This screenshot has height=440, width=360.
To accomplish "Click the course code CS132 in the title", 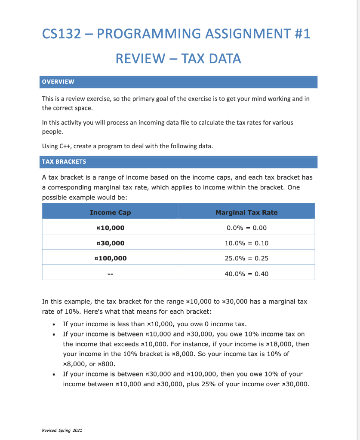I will click(x=62, y=34).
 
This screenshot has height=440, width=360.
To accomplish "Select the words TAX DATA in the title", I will click(x=211, y=58).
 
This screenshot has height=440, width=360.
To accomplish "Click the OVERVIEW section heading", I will click(x=58, y=82).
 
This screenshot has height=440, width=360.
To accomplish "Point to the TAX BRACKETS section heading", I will click(x=64, y=162).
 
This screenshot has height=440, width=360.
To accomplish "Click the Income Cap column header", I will click(x=110, y=212).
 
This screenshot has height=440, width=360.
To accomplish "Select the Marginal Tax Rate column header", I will click(x=246, y=212).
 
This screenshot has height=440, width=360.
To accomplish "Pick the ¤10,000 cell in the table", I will click(x=110, y=228).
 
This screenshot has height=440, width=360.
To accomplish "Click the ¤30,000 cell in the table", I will click(x=110, y=243).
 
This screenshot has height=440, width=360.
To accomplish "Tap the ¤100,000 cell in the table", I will click(x=110, y=258).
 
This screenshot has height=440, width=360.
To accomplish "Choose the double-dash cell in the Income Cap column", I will click(x=110, y=274).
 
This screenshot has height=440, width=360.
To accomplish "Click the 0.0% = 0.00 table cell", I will click(x=246, y=228).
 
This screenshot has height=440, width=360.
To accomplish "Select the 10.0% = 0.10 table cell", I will click(x=246, y=243).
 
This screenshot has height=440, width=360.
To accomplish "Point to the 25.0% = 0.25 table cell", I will click(x=246, y=258).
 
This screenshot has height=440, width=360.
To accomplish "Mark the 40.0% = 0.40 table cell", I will click(x=246, y=274).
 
